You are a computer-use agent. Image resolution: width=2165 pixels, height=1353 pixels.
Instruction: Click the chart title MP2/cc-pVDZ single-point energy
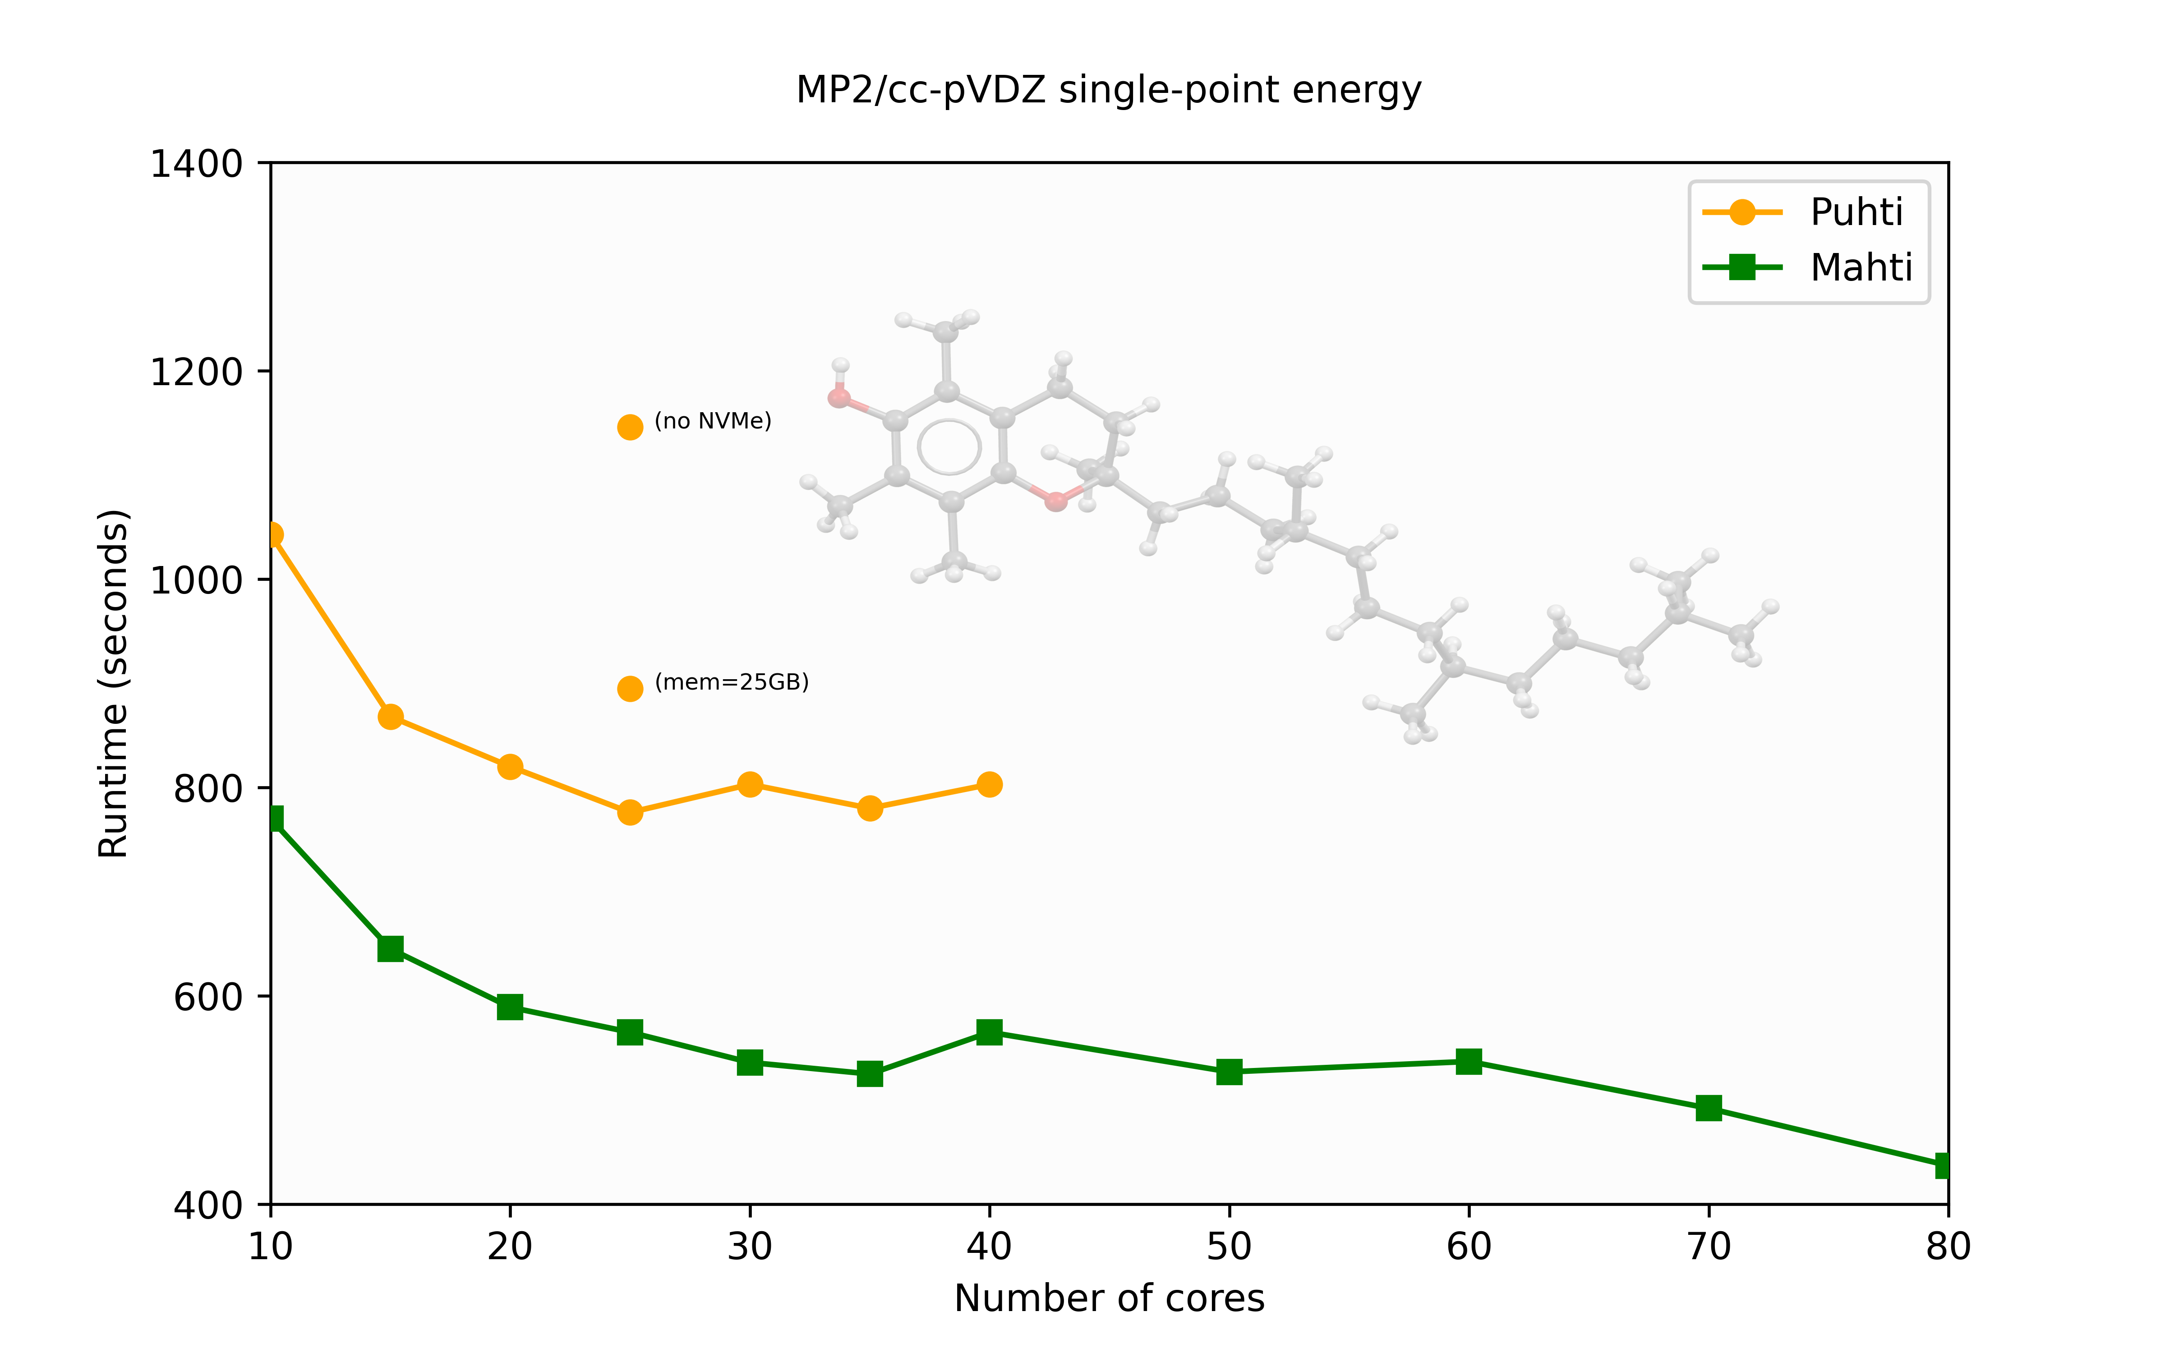click(1109, 90)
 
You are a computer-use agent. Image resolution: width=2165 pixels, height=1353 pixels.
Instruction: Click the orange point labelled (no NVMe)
click(630, 427)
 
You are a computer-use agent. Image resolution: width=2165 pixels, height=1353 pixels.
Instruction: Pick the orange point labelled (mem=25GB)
click(630, 688)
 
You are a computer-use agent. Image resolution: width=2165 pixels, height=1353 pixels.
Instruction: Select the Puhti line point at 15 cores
click(390, 717)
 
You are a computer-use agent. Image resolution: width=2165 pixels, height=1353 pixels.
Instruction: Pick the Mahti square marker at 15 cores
click(390, 948)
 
